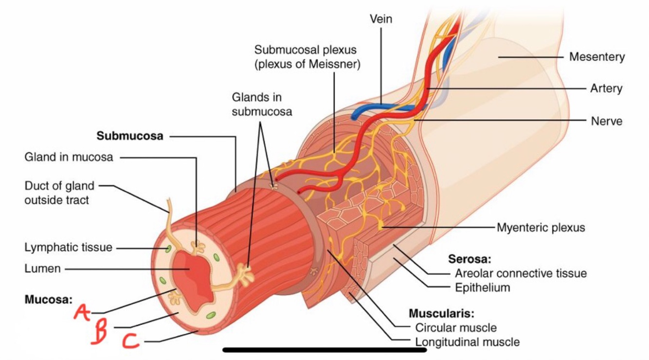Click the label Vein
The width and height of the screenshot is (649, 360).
coord(380,19)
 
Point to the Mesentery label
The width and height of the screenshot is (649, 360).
coord(597,57)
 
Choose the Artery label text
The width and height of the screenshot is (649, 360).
coord(606,89)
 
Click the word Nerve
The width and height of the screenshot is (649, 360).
coord(606,121)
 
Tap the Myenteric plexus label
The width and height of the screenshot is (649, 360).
coord(541,227)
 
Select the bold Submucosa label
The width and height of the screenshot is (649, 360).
coord(130,136)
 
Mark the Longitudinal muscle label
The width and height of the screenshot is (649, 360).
coord(467,342)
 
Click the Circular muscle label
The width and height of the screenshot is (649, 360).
coord(455,327)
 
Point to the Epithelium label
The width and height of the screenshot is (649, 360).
coord(482,288)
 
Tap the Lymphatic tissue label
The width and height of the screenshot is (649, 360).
coord(68,248)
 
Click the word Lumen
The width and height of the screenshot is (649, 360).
coord(42,268)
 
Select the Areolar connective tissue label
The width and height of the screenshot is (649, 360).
coord(521,273)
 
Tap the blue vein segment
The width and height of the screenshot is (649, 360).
coord(370,108)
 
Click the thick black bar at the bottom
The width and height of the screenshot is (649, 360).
coord(324,349)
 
